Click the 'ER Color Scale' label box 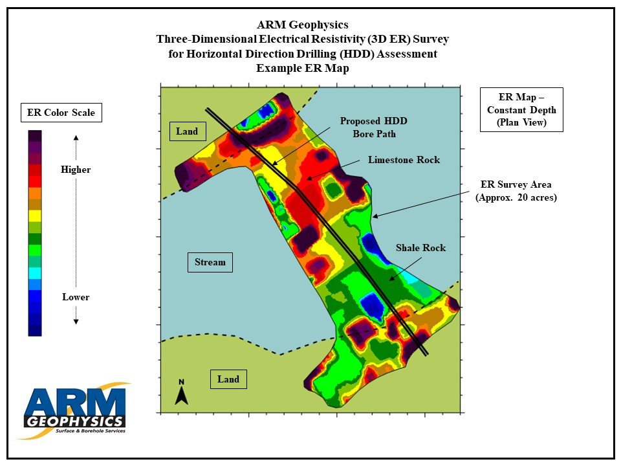61,113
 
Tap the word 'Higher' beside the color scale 76,170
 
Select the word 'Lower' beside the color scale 76,297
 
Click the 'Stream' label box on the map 210,262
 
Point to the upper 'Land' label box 187,131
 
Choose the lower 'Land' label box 228,379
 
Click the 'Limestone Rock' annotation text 404,160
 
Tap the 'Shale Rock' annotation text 420,248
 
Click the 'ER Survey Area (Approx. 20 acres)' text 516,192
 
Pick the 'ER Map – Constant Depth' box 521,109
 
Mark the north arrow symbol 182,393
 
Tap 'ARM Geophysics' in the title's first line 302,25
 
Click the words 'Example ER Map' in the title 302,68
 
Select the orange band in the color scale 35,193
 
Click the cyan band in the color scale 35,273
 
